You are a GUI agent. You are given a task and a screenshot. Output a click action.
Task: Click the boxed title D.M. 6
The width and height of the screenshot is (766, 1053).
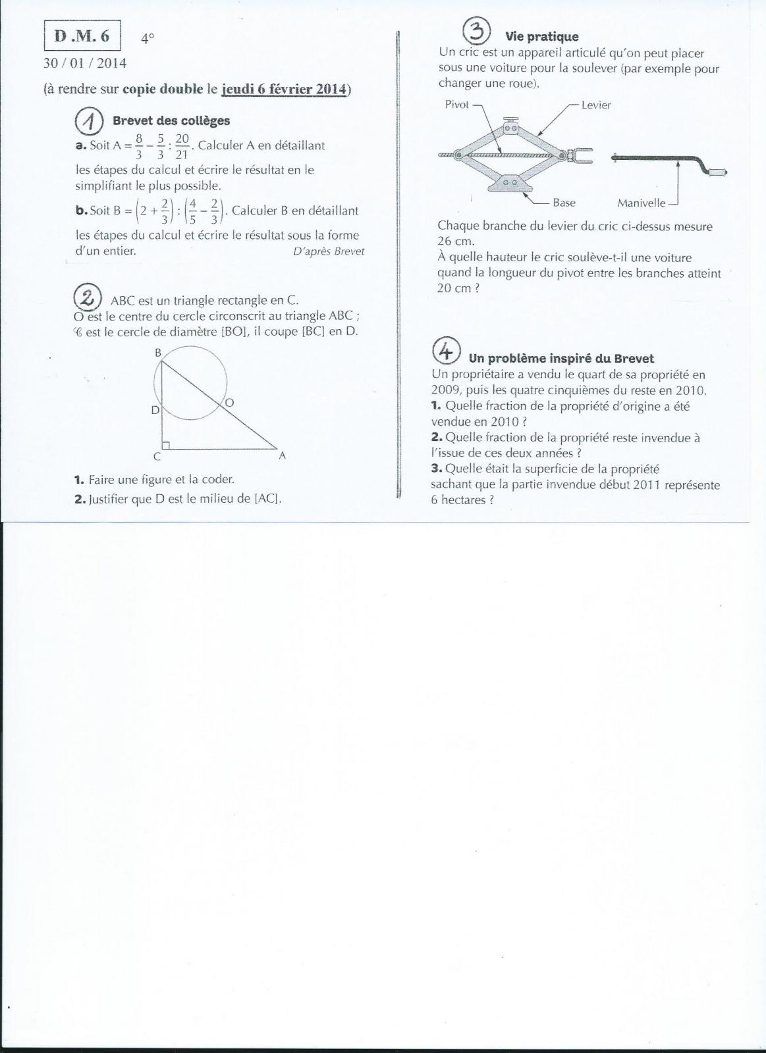tap(82, 36)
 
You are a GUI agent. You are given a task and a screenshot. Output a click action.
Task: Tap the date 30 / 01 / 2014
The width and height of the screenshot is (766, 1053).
tap(84, 63)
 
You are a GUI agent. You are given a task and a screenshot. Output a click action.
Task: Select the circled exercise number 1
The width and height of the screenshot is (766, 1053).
tap(89, 120)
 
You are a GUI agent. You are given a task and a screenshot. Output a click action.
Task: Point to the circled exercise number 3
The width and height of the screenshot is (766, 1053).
tap(476, 31)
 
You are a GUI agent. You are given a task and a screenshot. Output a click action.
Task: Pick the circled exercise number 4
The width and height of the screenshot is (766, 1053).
tap(446, 351)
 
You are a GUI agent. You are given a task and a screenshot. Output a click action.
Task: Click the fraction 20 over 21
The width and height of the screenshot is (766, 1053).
tap(182, 146)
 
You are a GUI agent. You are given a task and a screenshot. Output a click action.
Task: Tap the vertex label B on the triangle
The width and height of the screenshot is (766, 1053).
tap(158, 353)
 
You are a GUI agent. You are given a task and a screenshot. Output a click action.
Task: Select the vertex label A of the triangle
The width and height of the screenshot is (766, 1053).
tap(282, 455)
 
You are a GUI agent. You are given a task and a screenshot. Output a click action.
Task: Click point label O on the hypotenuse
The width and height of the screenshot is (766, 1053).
tap(229, 402)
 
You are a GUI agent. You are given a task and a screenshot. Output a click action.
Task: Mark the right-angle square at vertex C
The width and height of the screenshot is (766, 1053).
tap(166, 446)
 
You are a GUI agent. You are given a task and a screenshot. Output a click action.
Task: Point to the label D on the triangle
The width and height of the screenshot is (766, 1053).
tap(155, 410)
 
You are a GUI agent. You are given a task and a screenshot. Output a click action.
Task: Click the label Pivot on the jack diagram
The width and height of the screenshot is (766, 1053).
tap(457, 105)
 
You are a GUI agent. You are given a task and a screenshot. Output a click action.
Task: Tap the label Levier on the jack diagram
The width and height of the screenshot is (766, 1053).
tap(596, 105)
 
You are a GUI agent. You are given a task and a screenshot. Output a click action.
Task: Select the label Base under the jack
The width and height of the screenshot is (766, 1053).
tap(564, 203)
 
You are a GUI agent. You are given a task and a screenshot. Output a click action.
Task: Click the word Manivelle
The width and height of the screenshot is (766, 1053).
tap(641, 203)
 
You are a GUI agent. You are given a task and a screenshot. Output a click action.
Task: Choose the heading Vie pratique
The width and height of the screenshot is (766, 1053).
tap(541, 37)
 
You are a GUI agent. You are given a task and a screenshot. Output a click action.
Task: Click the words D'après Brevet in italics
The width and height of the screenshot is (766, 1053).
tap(328, 251)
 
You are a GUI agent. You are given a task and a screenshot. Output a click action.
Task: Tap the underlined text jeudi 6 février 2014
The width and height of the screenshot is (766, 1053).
tap(285, 89)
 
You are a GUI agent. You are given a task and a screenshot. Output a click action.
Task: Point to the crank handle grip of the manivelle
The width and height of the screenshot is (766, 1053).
tap(717, 172)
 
